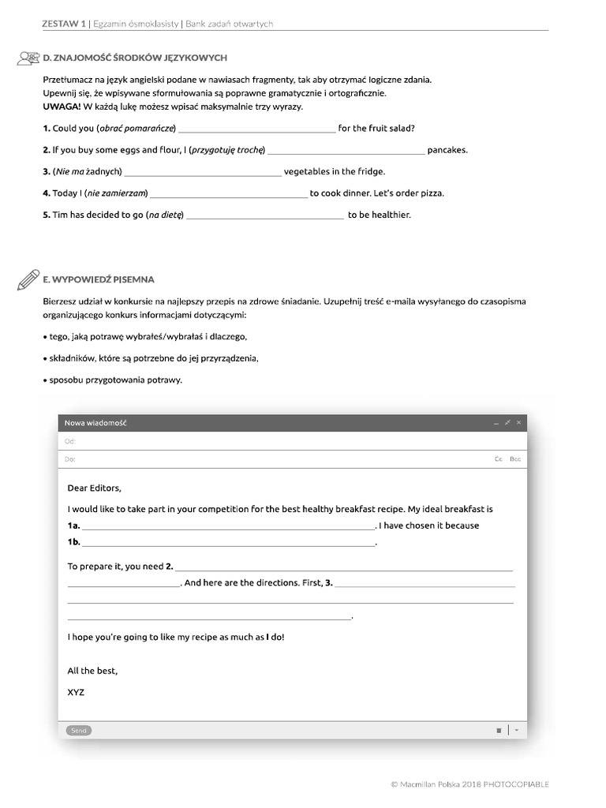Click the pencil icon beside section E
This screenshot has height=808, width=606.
(x=28, y=279)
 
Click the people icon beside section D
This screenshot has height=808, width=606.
(x=28, y=58)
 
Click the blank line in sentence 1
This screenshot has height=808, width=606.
(x=257, y=129)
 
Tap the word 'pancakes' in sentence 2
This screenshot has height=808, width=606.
(x=447, y=150)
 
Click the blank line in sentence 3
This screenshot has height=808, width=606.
(x=202, y=171)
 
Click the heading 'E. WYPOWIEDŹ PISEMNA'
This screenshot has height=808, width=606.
(x=99, y=279)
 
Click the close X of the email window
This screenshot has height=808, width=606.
(x=518, y=423)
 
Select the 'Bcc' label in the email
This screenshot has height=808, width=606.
(x=515, y=458)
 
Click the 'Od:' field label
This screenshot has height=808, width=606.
(x=69, y=442)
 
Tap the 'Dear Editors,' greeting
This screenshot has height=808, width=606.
(x=95, y=488)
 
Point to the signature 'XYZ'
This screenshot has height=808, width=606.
(x=76, y=692)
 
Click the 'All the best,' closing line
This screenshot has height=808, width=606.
(x=92, y=671)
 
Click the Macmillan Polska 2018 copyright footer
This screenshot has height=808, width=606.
(x=469, y=784)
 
